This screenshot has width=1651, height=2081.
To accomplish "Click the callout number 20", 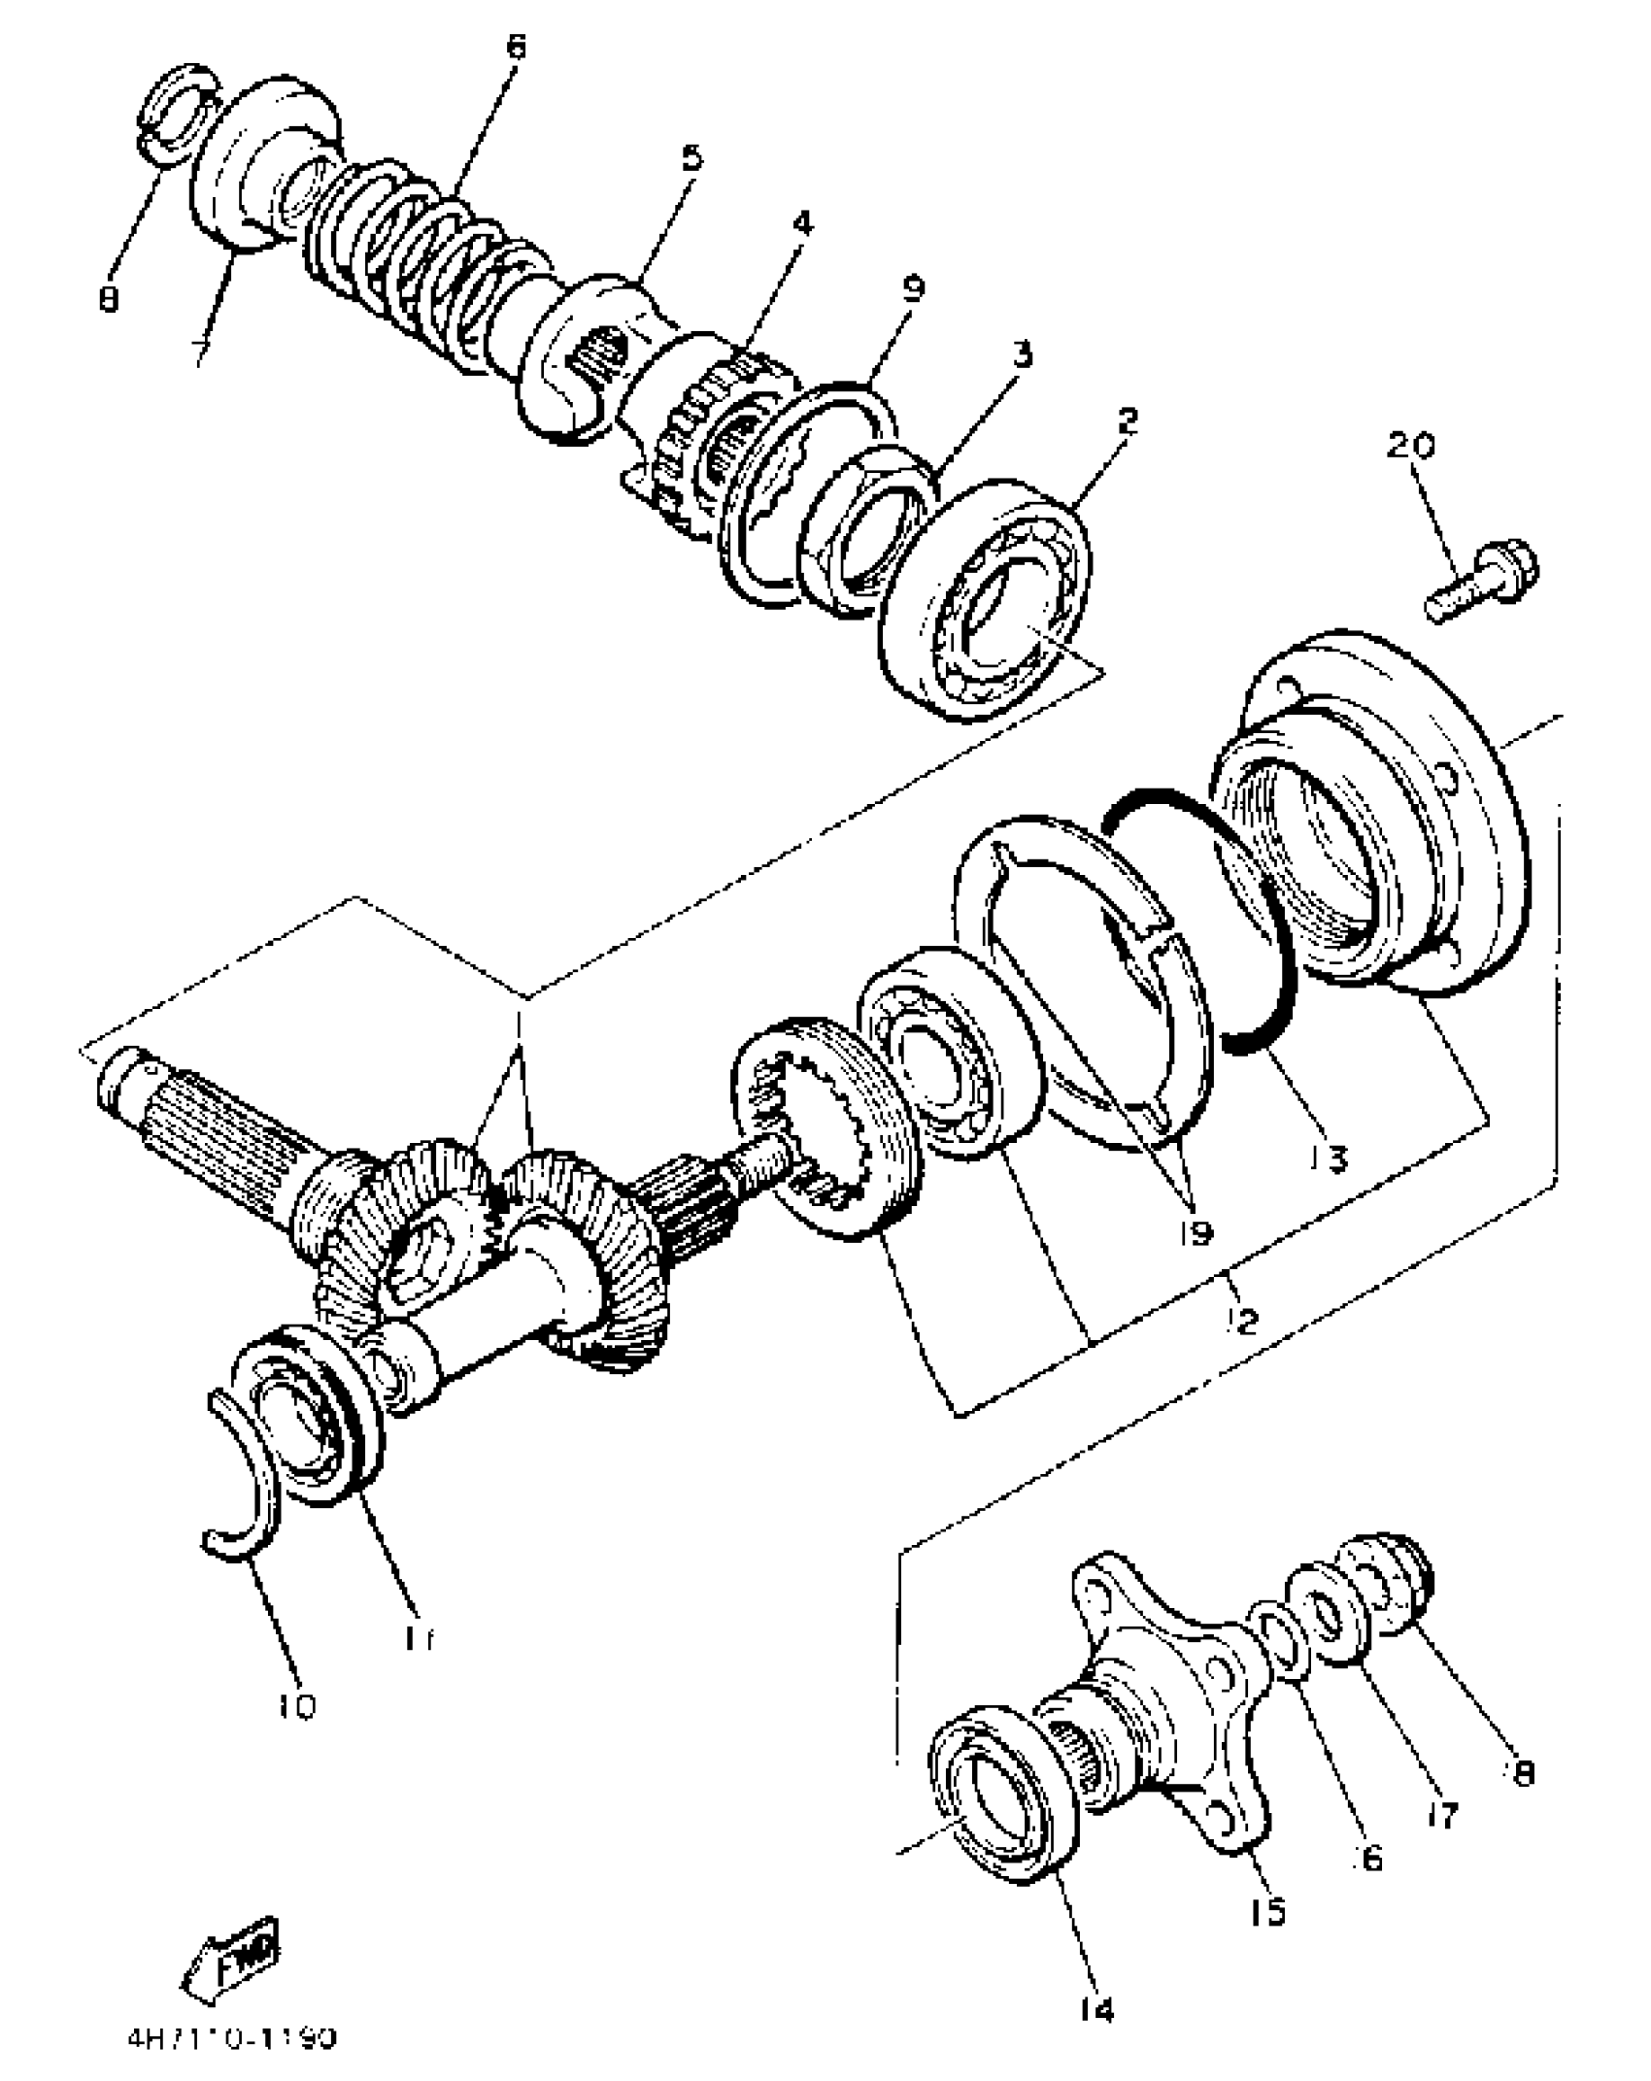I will [x=1409, y=446].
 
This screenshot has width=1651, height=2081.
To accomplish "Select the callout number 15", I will [x=1267, y=1912].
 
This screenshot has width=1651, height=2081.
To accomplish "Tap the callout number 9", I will [x=912, y=287].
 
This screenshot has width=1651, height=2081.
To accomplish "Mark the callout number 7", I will [x=201, y=350].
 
